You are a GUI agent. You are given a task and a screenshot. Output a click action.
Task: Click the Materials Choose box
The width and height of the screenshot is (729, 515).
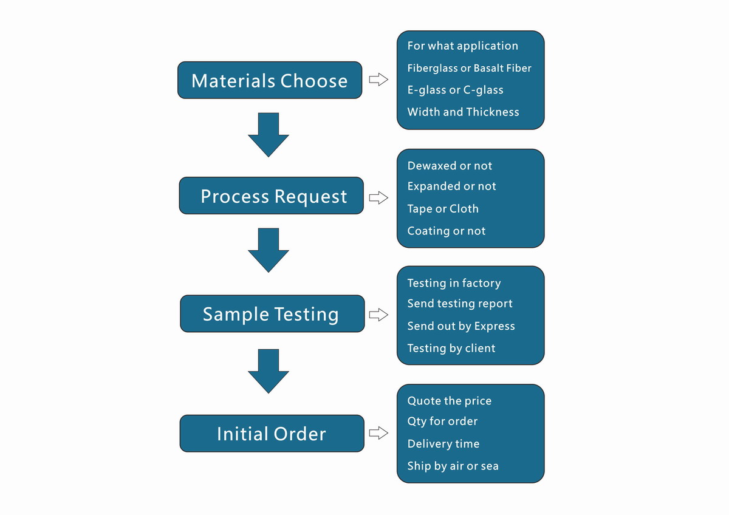pos(270,80)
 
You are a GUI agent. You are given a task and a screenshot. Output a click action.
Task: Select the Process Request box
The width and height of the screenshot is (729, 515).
pos(271,196)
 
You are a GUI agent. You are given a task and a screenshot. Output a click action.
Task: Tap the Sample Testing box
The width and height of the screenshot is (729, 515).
pos(272,314)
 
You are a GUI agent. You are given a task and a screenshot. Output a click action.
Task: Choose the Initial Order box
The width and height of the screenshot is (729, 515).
pos(272,434)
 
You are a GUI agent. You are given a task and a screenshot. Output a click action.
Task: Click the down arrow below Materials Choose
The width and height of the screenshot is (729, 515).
pos(268,134)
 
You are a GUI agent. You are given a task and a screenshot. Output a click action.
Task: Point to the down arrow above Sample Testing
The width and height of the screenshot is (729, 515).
pos(268,250)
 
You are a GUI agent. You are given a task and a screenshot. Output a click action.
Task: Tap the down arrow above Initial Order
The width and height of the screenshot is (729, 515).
pos(268,370)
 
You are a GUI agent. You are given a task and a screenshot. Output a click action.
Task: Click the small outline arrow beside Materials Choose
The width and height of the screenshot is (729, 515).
pos(378,80)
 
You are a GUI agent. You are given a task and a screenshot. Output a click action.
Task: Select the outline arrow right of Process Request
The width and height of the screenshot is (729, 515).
pos(378,197)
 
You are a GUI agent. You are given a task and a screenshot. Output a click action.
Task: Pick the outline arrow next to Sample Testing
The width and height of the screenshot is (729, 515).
pos(378,315)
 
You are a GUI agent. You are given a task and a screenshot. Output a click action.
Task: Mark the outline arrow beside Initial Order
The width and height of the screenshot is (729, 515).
pos(378,433)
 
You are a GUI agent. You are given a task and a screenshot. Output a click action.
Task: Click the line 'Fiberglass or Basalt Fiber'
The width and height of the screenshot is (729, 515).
pos(469,68)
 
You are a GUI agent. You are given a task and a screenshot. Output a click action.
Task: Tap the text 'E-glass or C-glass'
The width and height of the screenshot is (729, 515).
pos(455,90)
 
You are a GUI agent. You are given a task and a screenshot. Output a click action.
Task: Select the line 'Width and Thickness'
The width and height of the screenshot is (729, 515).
pos(463,112)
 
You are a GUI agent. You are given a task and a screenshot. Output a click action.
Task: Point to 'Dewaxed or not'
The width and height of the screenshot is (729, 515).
pos(450,166)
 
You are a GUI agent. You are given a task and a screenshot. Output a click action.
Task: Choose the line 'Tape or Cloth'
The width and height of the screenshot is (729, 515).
pos(443,209)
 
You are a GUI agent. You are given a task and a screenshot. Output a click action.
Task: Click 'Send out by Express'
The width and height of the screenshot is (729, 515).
pos(460,326)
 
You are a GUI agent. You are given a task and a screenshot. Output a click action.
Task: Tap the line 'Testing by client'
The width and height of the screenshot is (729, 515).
pos(451,348)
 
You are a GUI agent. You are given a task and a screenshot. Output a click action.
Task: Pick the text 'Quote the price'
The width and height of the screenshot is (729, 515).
pos(449,401)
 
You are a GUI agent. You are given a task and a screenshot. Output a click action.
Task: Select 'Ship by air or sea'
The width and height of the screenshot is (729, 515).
pos(453,466)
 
